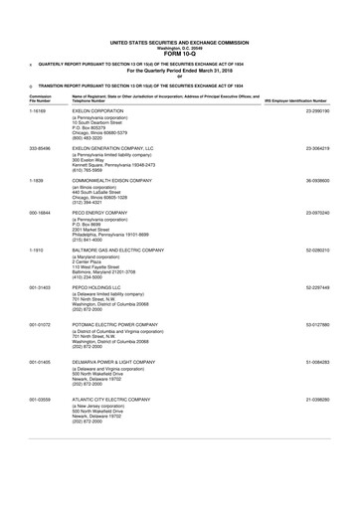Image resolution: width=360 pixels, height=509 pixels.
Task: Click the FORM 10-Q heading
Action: click(180, 53)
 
